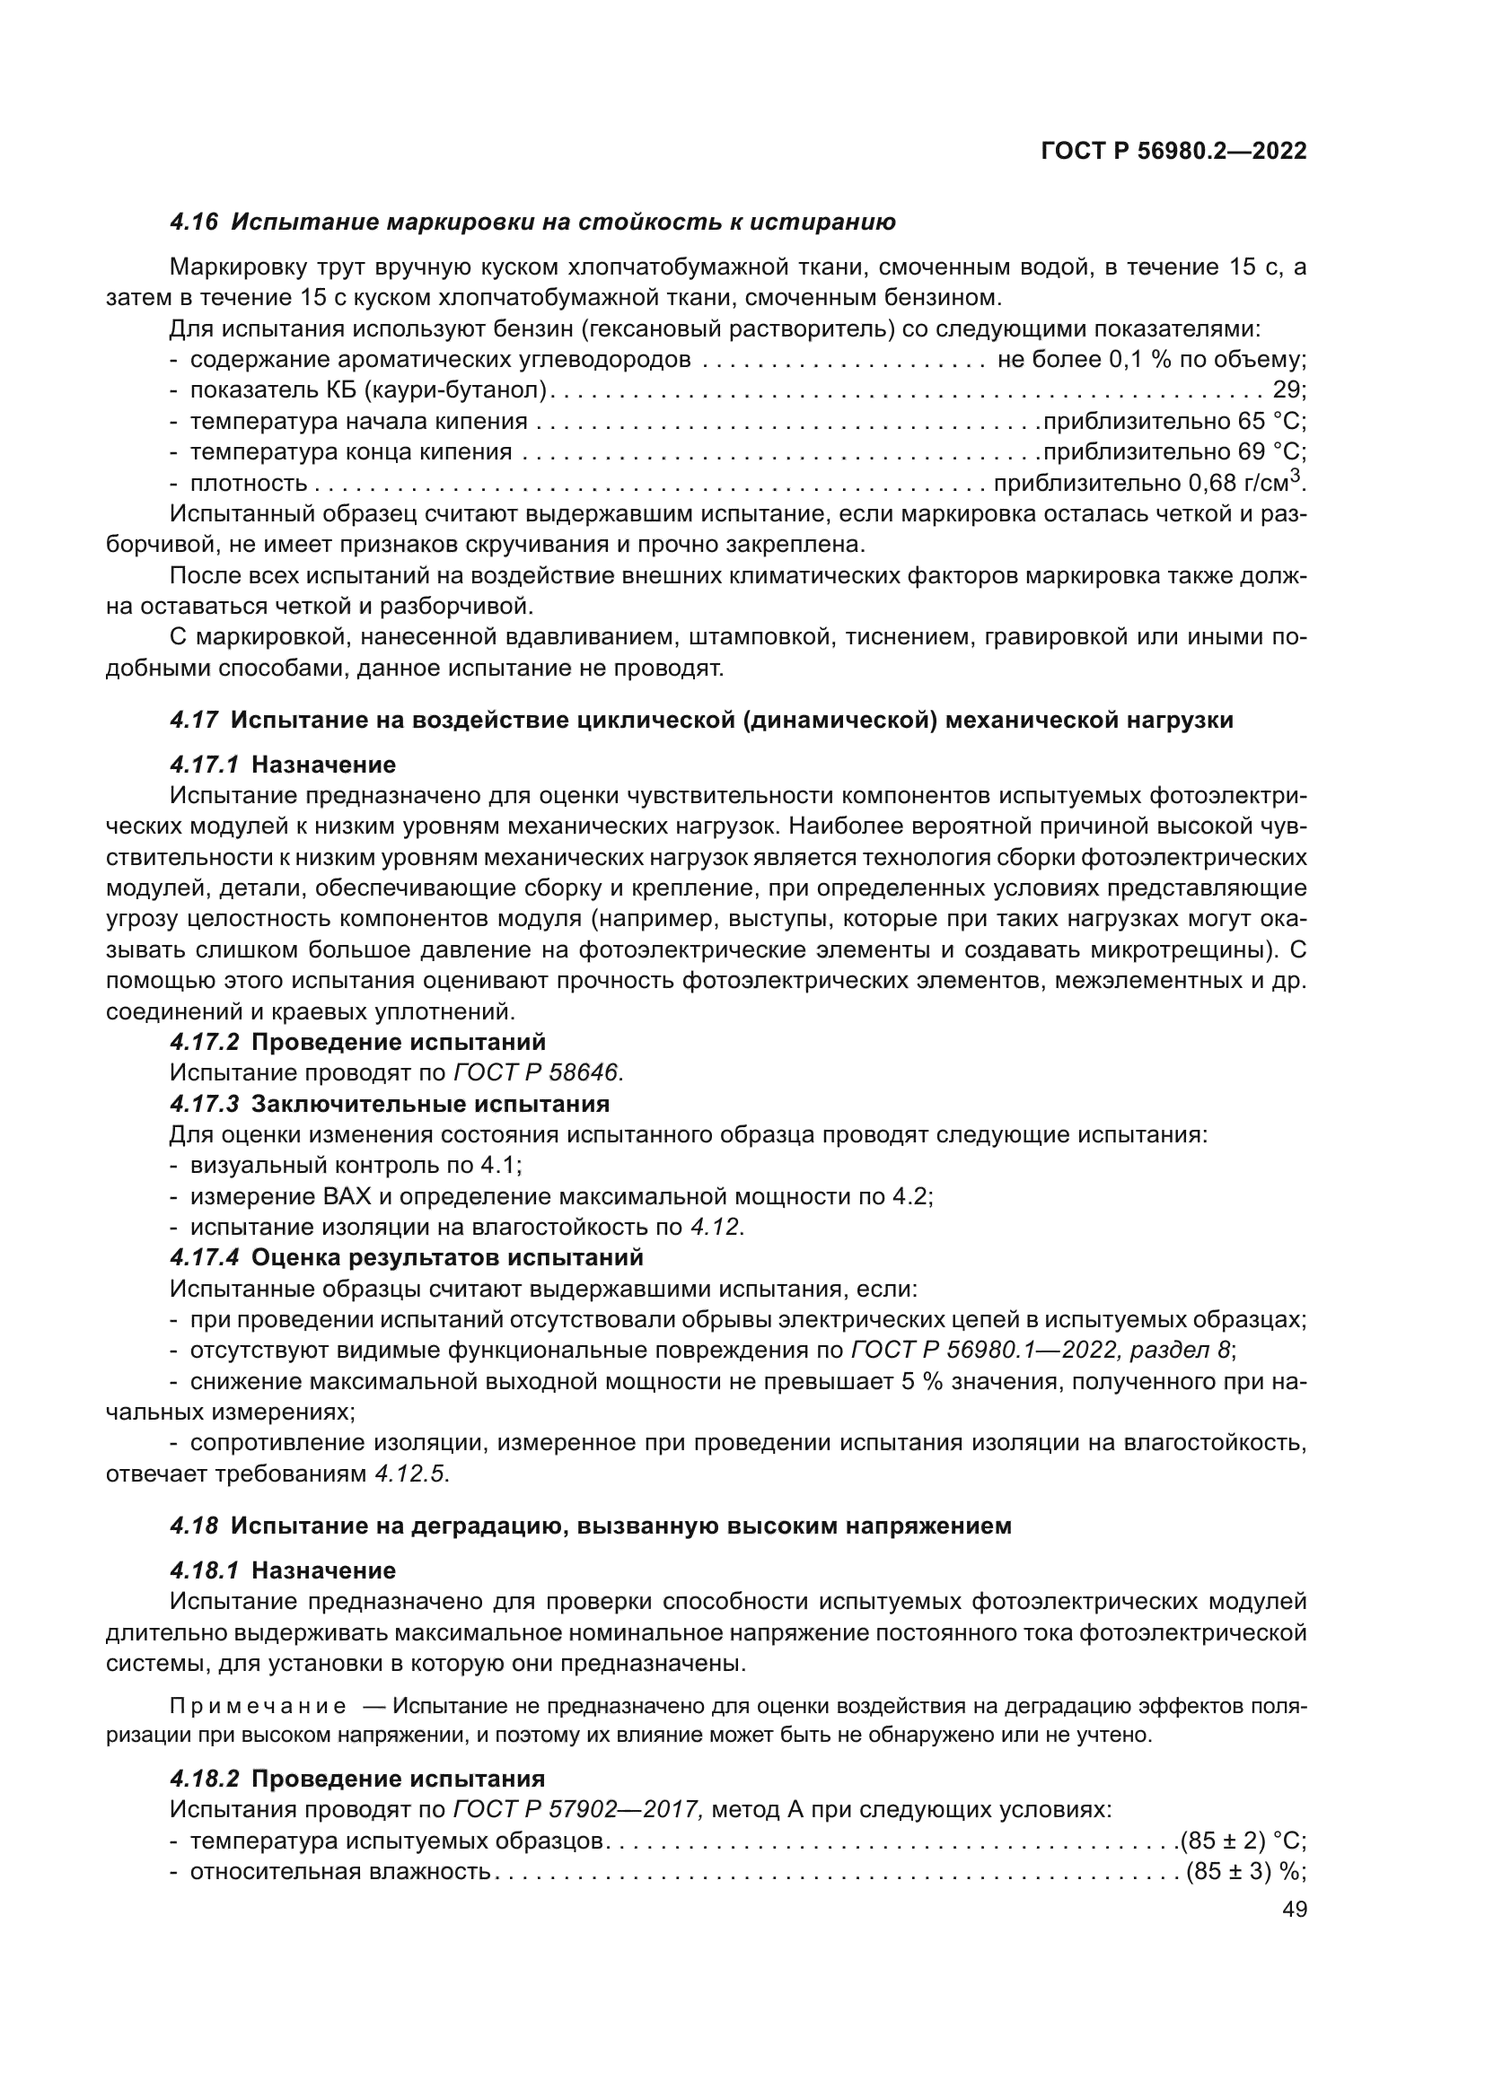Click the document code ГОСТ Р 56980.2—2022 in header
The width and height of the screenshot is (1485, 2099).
[1173, 151]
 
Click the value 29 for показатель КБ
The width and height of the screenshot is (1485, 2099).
[1287, 390]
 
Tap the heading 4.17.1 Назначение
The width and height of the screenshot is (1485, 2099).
[283, 765]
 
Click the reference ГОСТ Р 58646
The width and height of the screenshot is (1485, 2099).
[536, 1071]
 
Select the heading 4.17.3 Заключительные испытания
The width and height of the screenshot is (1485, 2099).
[390, 1104]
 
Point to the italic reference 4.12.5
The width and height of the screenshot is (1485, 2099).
[411, 1474]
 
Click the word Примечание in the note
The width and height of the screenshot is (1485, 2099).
[258, 1706]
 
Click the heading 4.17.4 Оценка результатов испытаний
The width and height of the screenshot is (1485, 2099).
[407, 1257]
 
